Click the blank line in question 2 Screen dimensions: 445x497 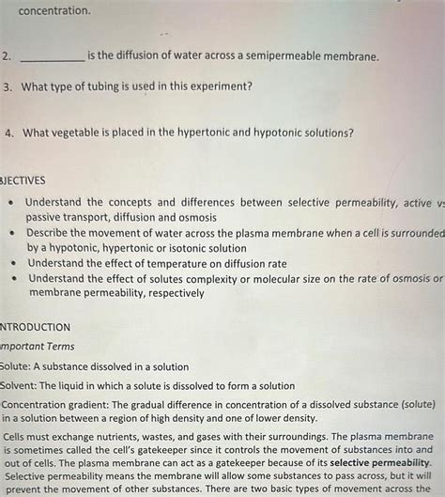point(52,57)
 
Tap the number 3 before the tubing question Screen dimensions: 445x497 point(8,86)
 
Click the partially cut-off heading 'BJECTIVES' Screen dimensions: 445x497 point(23,179)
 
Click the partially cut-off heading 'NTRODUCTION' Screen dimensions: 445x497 point(36,327)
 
